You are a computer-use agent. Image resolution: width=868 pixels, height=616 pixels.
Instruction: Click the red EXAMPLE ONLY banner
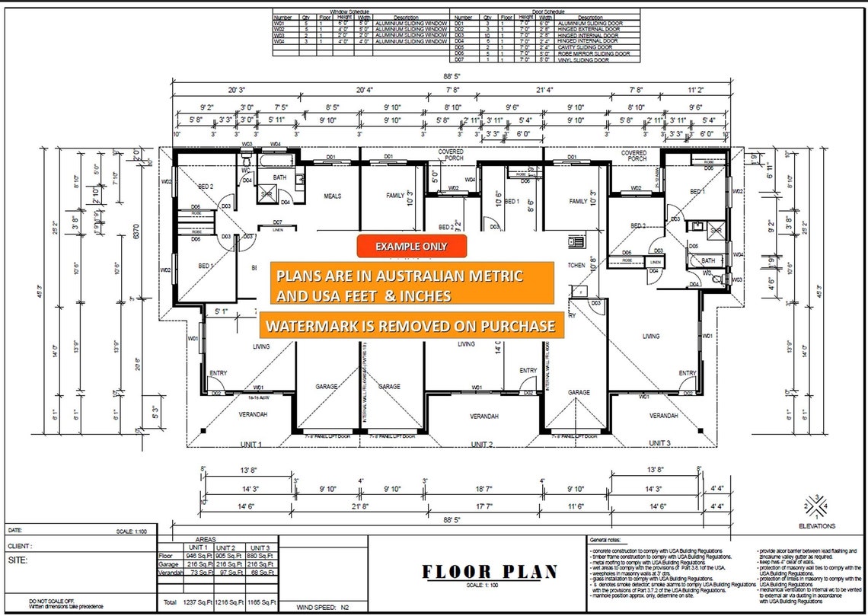point(411,246)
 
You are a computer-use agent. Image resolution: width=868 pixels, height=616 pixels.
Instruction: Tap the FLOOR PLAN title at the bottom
point(490,571)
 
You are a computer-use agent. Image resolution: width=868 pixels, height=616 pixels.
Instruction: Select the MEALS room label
point(333,196)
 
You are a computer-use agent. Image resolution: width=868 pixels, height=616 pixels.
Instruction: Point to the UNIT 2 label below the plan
point(481,444)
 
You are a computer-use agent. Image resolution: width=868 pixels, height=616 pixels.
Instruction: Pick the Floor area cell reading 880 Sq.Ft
point(260,557)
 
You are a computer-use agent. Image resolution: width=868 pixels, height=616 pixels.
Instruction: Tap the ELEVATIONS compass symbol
point(816,505)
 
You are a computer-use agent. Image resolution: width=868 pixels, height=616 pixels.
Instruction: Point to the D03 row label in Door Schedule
point(460,35)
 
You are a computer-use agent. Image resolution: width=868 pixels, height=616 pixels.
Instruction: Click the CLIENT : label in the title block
point(20,546)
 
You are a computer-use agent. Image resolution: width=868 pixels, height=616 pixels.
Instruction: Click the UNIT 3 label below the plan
point(659,442)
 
